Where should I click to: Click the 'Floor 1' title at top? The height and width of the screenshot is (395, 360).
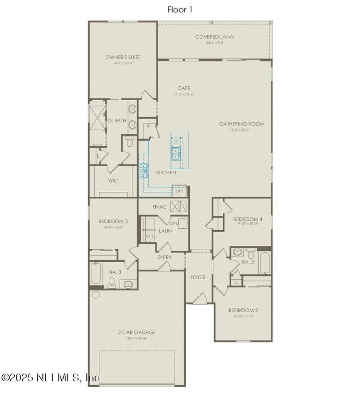(x=180, y=10)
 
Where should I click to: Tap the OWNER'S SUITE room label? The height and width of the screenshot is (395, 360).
(x=123, y=57)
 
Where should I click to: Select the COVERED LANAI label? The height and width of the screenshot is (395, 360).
(x=215, y=37)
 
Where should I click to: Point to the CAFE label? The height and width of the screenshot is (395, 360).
(x=184, y=88)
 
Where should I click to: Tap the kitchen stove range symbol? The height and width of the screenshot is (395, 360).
(x=143, y=170)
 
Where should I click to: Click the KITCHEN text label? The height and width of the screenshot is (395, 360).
(x=166, y=173)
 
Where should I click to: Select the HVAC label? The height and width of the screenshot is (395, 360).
(x=159, y=207)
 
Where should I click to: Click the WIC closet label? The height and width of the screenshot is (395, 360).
(x=113, y=181)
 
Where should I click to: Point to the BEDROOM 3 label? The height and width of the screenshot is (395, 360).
(x=113, y=221)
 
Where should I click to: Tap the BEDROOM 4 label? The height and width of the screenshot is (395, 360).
(x=248, y=219)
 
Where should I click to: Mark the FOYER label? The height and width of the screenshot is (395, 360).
(x=198, y=277)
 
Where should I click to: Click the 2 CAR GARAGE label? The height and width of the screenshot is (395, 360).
(x=137, y=332)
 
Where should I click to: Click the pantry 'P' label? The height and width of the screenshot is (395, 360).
(x=148, y=126)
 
